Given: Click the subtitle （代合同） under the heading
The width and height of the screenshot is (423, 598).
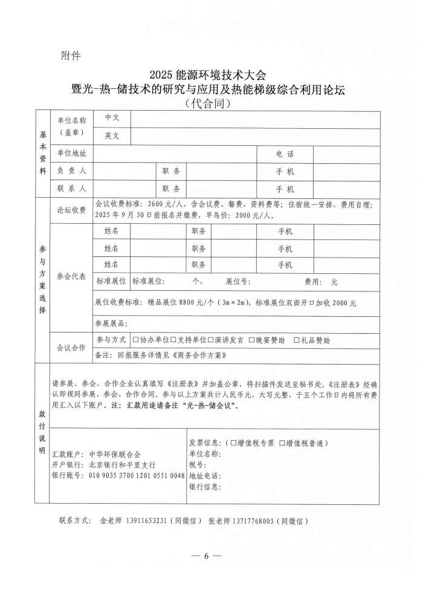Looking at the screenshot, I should (210, 103).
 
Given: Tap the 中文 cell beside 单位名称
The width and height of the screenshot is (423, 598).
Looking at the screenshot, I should (112, 119).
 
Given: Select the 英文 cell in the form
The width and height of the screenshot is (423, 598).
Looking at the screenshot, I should (112, 136).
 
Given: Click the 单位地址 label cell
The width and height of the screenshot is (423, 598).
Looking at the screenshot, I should (72, 154).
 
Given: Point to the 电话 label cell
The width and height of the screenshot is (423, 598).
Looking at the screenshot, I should (285, 154).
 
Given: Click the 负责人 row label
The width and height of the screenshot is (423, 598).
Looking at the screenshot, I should (72, 172).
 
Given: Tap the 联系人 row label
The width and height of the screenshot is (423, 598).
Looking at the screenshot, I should (72, 189).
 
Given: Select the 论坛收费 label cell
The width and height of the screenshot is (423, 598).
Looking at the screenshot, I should (71, 210).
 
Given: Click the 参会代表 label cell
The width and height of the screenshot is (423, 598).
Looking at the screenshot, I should (71, 276).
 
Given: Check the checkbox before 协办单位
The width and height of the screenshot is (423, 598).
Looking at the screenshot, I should (135, 340).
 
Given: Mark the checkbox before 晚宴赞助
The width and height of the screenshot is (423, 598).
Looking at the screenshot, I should (251, 340).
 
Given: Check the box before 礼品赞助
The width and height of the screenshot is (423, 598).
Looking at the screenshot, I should (297, 340).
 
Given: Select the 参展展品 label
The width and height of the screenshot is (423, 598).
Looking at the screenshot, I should (111, 323).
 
